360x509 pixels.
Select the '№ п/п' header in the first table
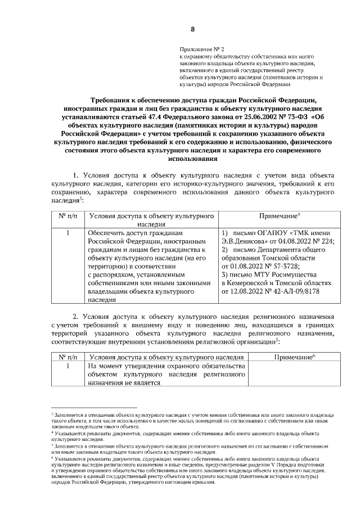pyautogui.click(x=67, y=216)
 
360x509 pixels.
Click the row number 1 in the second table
pyautogui.click(x=67, y=367)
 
